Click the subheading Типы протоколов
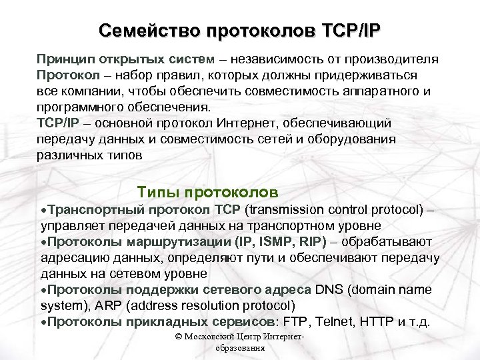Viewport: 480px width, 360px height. tap(207, 193)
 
